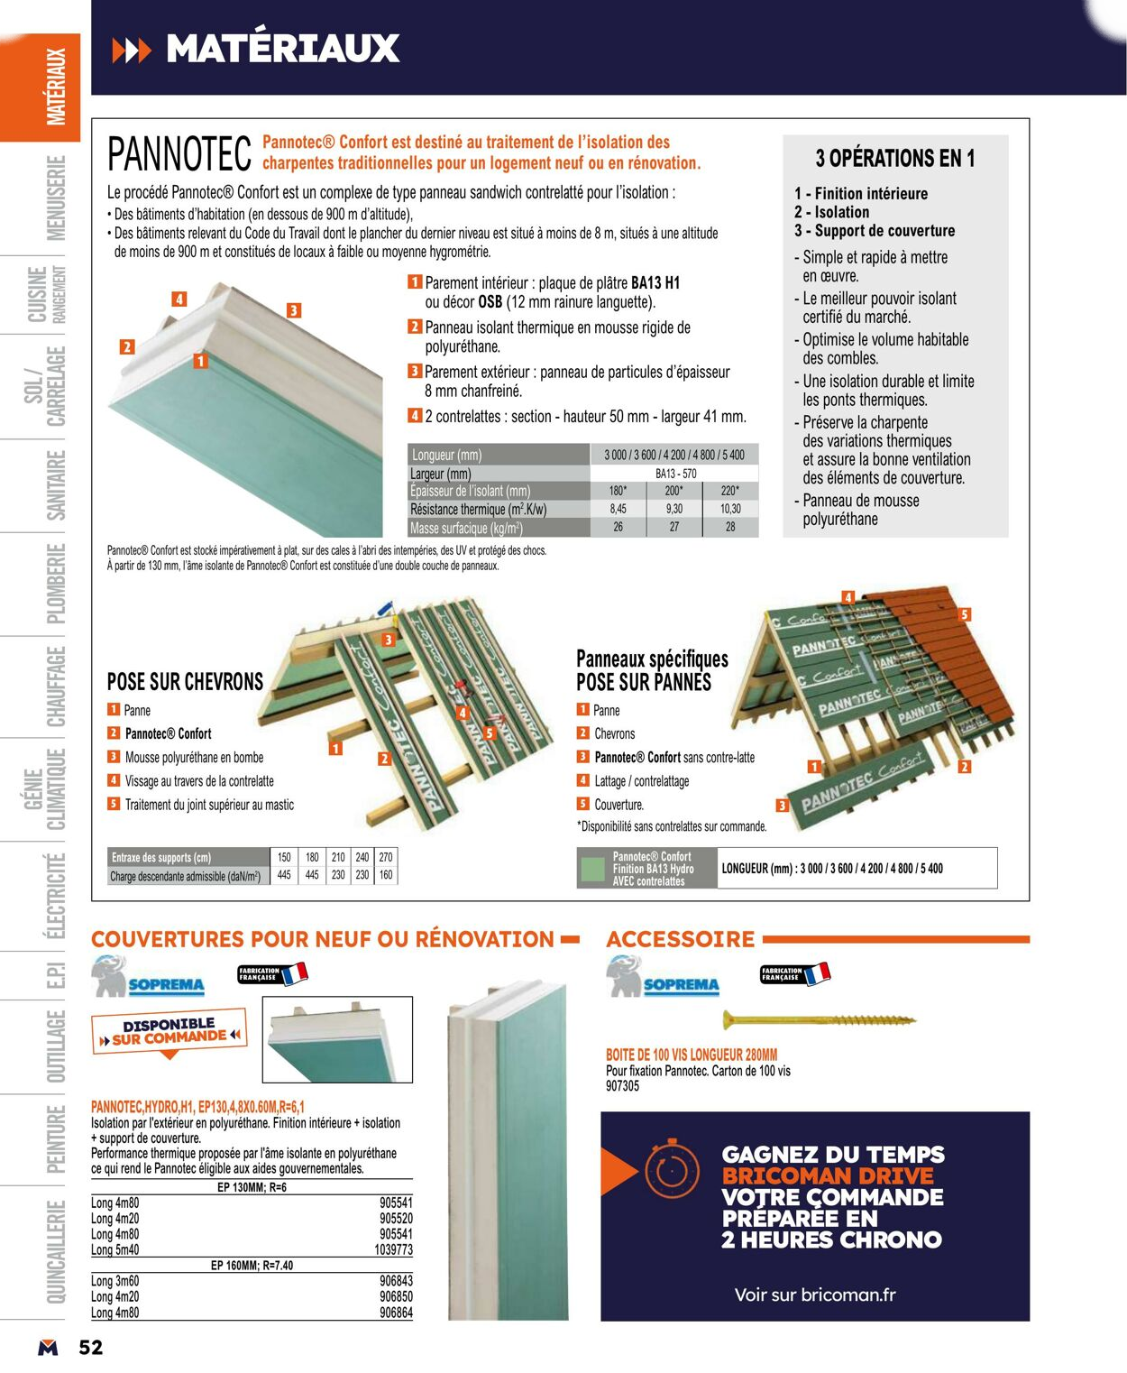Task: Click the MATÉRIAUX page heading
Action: (281, 49)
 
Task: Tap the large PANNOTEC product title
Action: (179, 154)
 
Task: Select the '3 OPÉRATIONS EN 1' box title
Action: (894, 159)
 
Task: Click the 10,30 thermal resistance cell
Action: (729, 509)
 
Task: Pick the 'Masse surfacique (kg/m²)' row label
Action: (466, 529)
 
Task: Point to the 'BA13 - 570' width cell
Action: (674, 474)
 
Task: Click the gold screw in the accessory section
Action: (818, 1020)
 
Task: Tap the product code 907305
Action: (622, 1086)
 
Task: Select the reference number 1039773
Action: (393, 1249)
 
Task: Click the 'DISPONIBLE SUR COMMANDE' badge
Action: (170, 1031)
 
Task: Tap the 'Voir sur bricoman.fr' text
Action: (815, 1295)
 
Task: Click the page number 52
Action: (91, 1347)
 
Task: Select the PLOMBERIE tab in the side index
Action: (55, 583)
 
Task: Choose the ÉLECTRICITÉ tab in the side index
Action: (55, 895)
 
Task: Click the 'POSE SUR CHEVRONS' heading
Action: (185, 682)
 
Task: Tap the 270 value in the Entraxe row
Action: (386, 857)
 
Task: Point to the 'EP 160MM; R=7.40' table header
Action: (252, 1266)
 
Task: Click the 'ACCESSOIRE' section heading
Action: (681, 939)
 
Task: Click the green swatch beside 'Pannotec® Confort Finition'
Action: (592, 869)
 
